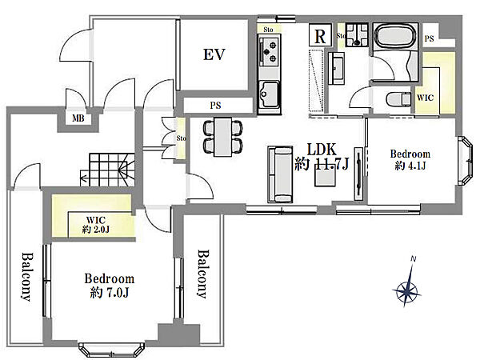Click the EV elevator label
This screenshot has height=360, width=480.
click(214, 54)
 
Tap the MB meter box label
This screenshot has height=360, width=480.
click(78, 118)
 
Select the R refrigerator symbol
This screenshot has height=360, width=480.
click(320, 35)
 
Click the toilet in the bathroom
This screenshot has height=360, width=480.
click(398, 99)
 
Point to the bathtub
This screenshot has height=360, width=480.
click(395, 36)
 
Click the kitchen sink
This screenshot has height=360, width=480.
click(269, 94)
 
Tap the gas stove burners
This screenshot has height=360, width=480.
click(270, 52)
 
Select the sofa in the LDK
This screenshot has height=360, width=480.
click(280, 174)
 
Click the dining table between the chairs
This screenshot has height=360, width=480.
click(223, 137)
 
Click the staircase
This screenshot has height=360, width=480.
click(108, 170)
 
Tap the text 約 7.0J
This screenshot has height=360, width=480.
click(110, 293)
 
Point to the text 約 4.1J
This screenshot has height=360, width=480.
click(410, 166)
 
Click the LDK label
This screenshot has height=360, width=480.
click(322, 150)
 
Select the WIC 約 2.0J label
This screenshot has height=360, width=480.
click(96, 224)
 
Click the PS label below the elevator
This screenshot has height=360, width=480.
click(215, 106)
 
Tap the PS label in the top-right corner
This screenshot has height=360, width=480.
click(429, 39)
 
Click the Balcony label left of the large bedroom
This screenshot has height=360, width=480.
click(26, 277)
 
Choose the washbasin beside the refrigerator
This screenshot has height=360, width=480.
click(336, 68)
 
